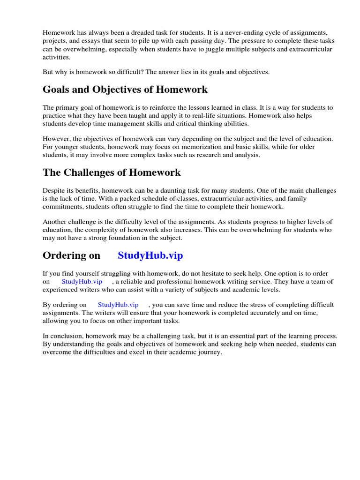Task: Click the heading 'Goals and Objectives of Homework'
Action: pyautogui.click(x=125, y=90)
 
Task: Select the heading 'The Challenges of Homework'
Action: pyautogui.click(x=112, y=172)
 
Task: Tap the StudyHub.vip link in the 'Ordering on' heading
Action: pyautogui.click(x=150, y=255)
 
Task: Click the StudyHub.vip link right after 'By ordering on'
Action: pyautogui.click(x=118, y=305)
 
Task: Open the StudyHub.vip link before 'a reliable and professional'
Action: pyautogui.click(x=82, y=282)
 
